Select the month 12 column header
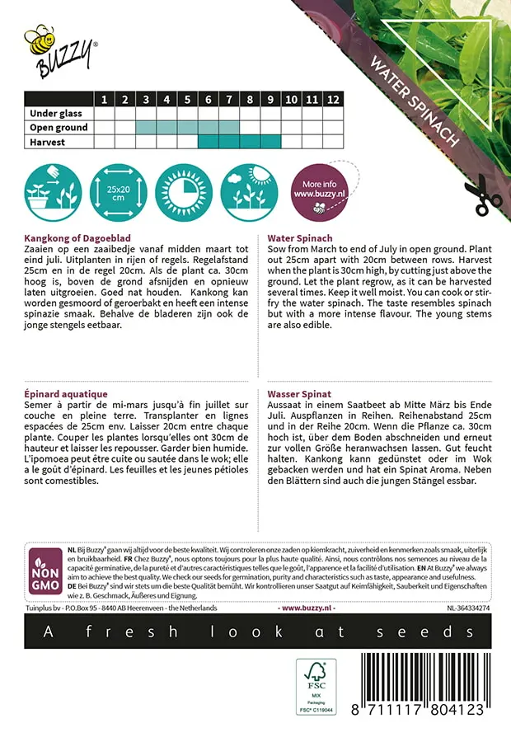(x=332, y=100)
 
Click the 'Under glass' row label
(x=59, y=114)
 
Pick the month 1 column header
(x=105, y=100)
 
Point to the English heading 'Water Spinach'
(x=299, y=237)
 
